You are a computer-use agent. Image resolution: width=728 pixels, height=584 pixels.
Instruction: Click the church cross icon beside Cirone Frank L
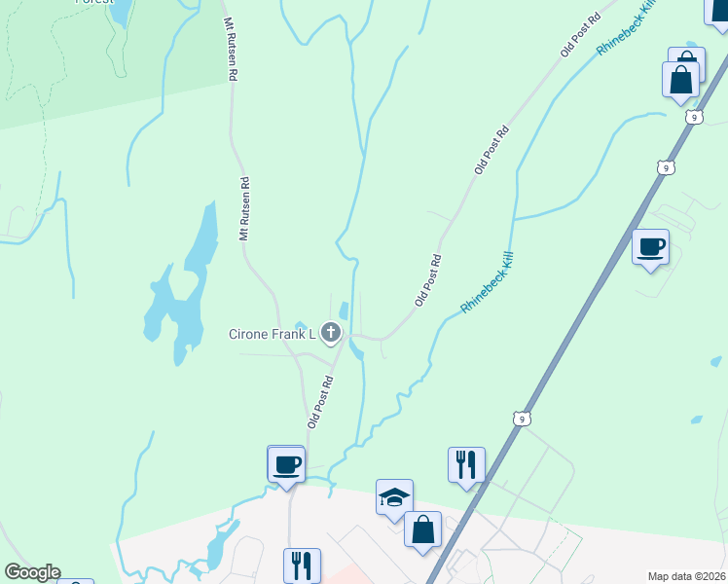(331, 334)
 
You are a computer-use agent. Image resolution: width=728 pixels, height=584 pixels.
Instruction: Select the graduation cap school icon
(395, 496)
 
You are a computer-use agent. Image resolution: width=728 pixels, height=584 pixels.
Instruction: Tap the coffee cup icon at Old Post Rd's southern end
(286, 463)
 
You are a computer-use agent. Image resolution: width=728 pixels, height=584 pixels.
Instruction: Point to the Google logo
(32, 572)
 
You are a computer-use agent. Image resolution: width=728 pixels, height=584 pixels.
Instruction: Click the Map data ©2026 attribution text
(686, 576)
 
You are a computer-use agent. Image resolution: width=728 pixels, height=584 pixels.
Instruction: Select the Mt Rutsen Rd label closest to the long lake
(245, 207)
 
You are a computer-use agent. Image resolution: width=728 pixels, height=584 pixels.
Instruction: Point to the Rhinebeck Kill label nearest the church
(487, 282)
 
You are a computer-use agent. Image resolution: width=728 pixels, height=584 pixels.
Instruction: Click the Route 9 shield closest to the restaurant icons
(523, 419)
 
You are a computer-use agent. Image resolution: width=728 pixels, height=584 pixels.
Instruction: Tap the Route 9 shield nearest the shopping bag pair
(692, 117)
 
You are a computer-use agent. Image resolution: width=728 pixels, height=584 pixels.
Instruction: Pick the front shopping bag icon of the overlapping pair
(680, 80)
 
